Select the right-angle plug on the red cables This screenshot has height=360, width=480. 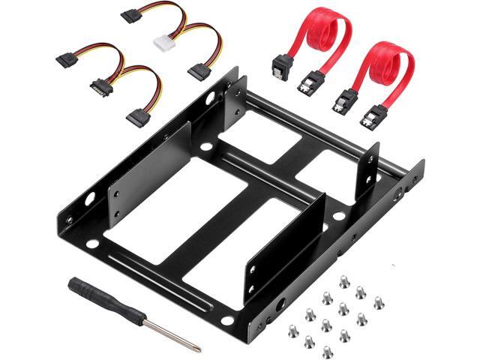click(281, 67)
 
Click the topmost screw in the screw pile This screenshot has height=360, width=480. click(344, 280)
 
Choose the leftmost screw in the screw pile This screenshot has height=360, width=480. click(292, 330)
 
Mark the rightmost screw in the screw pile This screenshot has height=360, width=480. click(379, 303)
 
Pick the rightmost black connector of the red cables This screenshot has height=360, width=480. click(373, 116)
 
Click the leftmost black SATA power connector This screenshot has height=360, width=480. click(65, 59)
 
